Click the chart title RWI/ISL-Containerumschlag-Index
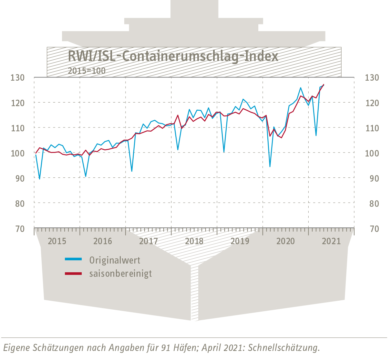tap(173, 56)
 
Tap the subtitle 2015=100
tap(87, 71)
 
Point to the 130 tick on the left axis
tap(18, 78)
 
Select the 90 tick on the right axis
tap(372, 178)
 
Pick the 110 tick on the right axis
tap(372, 128)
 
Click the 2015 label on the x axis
tap(57, 241)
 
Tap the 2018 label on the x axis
tap(194, 241)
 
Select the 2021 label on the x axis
tap(332, 241)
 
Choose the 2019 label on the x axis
tap(240, 241)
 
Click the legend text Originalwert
tap(115, 260)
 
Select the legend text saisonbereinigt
tap(120, 274)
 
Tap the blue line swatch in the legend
tap(73, 259)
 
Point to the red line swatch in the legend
tap(73, 274)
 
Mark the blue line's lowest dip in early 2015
tap(40, 179)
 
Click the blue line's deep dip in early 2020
tap(270, 166)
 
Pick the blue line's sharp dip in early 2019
tap(224, 152)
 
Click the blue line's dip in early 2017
tap(132, 171)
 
